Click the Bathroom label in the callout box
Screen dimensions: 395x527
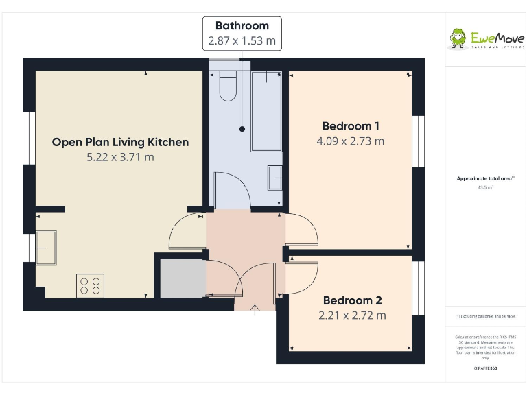(x=242, y=26)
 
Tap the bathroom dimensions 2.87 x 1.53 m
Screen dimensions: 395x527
(x=242, y=41)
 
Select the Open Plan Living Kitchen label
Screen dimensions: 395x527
(x=120, y=142)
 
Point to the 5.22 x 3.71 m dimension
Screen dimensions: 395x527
(x=120, y=157)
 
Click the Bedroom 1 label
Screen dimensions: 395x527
(x=351, y=126)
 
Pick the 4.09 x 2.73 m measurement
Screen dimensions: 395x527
(x=350, y=141)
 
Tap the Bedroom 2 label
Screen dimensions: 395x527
(x=352, y=300)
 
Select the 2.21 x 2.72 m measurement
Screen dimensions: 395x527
(x=352, y=315)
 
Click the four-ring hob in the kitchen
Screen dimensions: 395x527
(x=90, y=285)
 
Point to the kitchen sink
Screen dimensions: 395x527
(x=45, y=247)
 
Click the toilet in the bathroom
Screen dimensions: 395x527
(x=227, y=86)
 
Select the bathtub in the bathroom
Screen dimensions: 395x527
(x=266, y=110)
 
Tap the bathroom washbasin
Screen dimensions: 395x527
(x=274, y=178)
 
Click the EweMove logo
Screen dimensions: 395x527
(x=487, y=38)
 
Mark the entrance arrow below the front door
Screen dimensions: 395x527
(x=255, y=311)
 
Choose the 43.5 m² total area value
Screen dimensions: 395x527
(x=485, y=186)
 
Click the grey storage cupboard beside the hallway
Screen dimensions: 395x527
(x=182, y=278)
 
